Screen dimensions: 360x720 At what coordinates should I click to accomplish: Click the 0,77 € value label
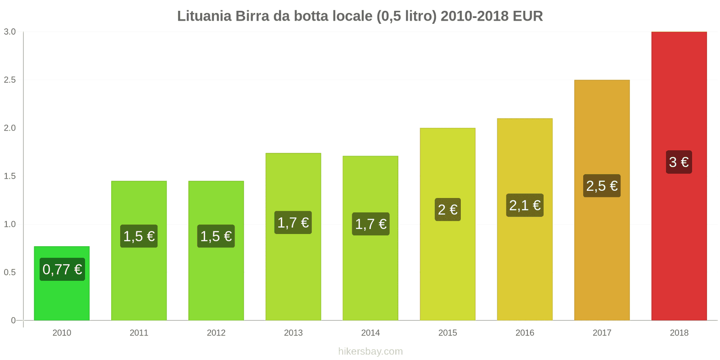click(x=62, y=270)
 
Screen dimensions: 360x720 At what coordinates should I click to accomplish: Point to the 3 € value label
click(x=679, y=162)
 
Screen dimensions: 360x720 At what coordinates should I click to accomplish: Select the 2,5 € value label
click(x=602, y=186)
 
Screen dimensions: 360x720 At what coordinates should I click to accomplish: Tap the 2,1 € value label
click(x=525, y=206)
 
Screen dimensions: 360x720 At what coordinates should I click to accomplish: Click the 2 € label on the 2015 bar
click(x=447, y=210)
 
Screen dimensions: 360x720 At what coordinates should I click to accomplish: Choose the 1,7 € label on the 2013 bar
click(x=293, y=223)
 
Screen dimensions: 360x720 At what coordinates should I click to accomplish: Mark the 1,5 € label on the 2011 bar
click(x=139, y=236)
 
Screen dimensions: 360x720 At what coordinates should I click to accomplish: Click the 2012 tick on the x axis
click(x=216, y=333)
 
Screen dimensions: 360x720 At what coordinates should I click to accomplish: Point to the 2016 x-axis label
click(x=525, y=333)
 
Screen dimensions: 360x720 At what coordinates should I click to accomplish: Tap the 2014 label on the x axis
click(x=370, y=333)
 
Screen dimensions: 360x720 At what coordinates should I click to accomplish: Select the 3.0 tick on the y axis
click(x=10, y=32)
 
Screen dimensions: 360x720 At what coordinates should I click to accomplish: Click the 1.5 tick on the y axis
click(x=10, y=176)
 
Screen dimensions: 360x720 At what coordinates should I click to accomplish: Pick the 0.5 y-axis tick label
click(x=10, y=273)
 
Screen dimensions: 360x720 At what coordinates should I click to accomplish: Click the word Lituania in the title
click(x=204, y=16)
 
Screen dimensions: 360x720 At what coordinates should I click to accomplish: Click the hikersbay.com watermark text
click(x=370, y=351)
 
